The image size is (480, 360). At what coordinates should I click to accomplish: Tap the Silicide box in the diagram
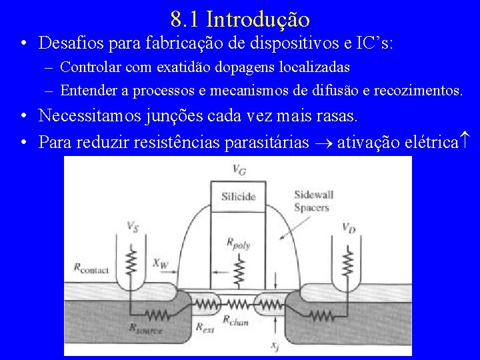(x=238, y=197)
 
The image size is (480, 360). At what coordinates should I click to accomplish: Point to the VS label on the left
(x=133, y=227)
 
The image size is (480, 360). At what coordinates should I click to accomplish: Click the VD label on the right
(x=348, y=227)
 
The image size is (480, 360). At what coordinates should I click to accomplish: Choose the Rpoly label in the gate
(x=238, y=244)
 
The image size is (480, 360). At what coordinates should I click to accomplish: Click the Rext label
(x=205, y=327)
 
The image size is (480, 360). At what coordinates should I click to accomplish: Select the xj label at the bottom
(x=275, y=345)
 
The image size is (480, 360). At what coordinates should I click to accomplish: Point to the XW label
(x=161, y=263)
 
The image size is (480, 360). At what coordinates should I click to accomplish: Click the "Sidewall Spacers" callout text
(x=313, y=201)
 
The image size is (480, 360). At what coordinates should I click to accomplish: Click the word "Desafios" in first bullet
(x=65, y=43)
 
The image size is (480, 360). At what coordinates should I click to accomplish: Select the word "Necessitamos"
(x=90, y=115)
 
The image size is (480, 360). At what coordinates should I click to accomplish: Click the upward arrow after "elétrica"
(x=467, y=141)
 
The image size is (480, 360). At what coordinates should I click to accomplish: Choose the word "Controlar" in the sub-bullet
(x=87, y=67)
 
